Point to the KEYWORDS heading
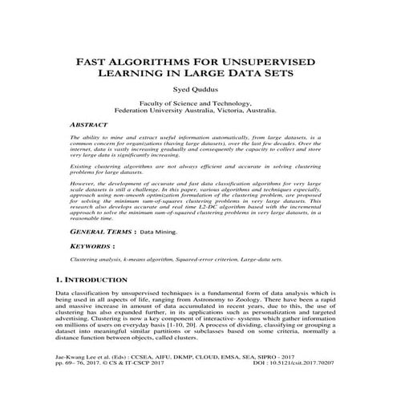[x=85, y=245]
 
